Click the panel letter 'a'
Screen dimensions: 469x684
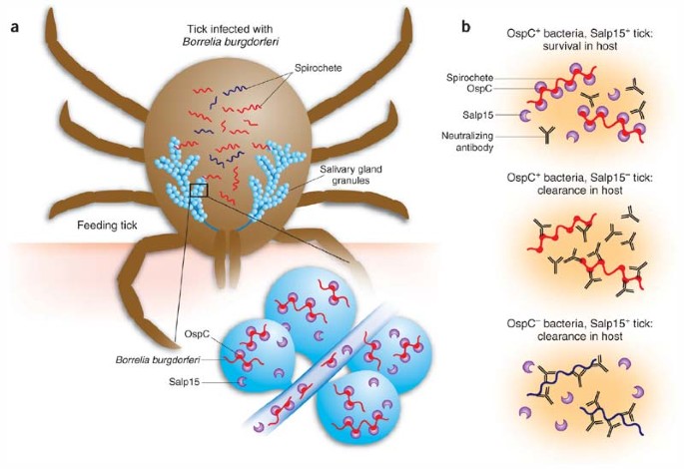pyautogui.click(x=14, y=26)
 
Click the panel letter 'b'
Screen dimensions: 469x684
pyautogui.click(x=465, y=26)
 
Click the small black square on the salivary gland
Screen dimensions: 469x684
pyautogui.click(x=198, y=189)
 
